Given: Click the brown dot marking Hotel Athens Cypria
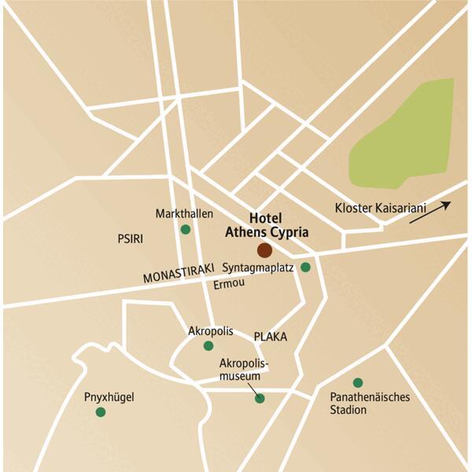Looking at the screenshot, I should [264, 250].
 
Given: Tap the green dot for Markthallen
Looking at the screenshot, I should [186, 230].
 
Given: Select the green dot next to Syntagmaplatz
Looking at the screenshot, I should [305, 267].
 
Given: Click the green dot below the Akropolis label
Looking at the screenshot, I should [208, 345].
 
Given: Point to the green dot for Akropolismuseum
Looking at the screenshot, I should [260, 398].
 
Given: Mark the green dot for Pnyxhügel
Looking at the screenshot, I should [100, 411].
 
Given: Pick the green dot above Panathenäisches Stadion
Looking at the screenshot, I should [358, 382].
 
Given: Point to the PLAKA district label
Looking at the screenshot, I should [270, 337].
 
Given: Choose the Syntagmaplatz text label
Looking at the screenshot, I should [258, 267].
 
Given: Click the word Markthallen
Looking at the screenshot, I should [186, 214].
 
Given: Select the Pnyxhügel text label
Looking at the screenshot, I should [109, 397].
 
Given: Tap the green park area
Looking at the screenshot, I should [401, 134].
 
